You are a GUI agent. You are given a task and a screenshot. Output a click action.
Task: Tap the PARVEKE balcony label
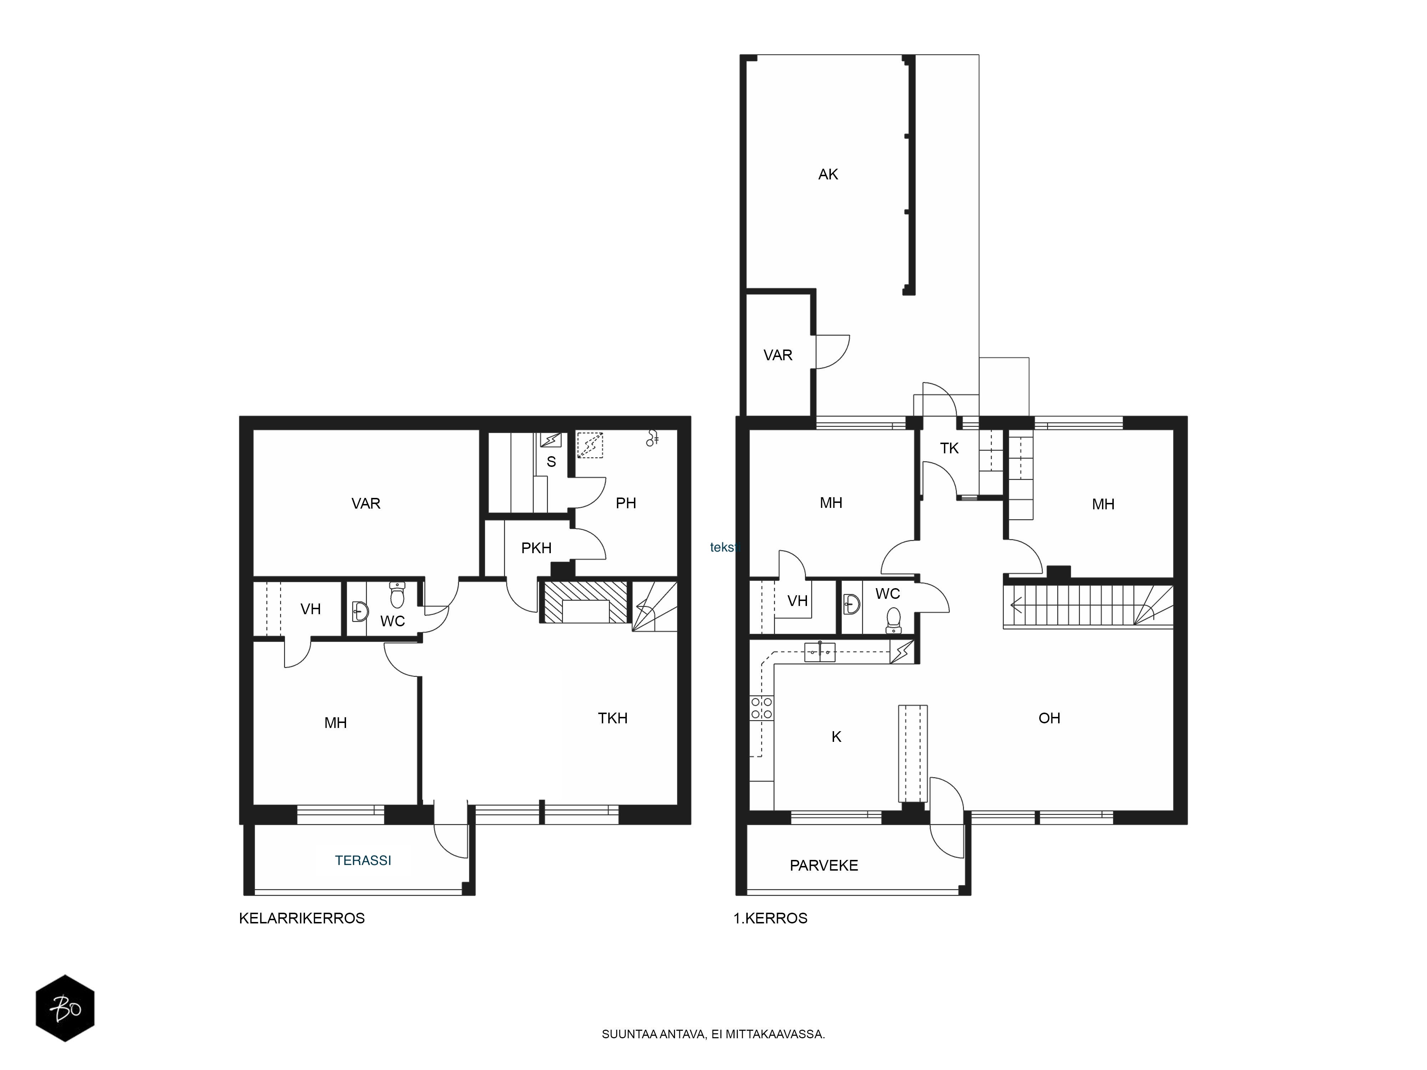click(824, 866)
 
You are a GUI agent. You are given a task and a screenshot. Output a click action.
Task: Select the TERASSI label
click(363, 860)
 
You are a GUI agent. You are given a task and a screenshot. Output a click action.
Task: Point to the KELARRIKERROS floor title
click(302, 918)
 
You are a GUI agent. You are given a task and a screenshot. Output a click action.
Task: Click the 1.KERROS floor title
click(770, 918)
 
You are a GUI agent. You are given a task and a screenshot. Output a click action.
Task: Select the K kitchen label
click(836, 737)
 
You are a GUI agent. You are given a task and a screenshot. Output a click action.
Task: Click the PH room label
click(626, 503)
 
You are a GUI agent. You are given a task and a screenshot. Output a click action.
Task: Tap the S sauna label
click(551, 462)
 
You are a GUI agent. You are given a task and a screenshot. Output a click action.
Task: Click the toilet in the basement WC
click(397, 595)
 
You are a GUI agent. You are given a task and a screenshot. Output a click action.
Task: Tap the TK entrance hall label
click(949, 448)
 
